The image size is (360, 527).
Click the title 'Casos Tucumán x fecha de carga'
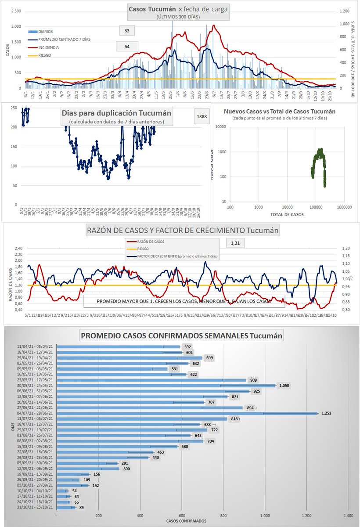pos(178,9)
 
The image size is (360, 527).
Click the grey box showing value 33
pos(127,31)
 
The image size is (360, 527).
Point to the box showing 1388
pos(202,116)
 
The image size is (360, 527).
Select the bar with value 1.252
pos(187,413)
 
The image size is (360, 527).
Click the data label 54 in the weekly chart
pos(76,491)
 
